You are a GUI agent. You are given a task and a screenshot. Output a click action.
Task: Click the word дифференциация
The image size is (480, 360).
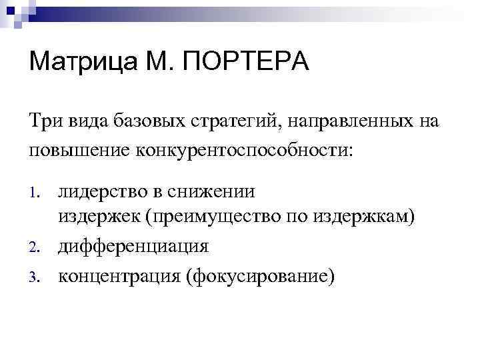coord(133,246)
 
